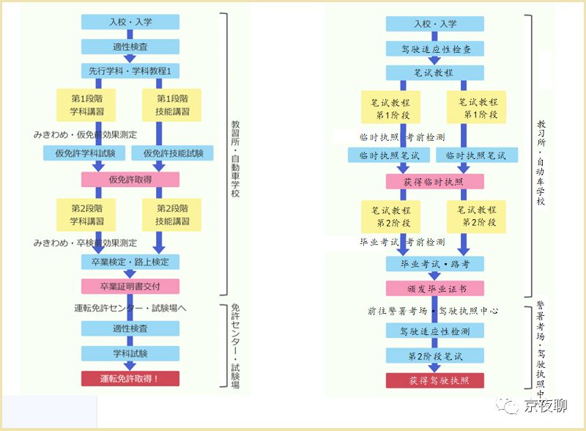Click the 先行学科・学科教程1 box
click(x=130, y=71)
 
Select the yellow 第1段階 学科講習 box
click(x=87, y=105)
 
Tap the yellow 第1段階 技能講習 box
click(x=173, y=105)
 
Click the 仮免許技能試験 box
click(x=173, y=154)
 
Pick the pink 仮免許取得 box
click(x=130, y=180)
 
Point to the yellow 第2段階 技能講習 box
click(x=173, y=214)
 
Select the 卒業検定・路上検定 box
click(x=130, y=261)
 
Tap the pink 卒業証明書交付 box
click(x=130, y=286)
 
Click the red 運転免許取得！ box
click(x=130, y=378)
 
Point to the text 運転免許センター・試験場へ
click(x=130, y=308)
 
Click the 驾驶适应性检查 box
click(x=434, y=48)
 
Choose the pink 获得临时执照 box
click(x=434, y=181)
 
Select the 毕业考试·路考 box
click(x=434, y=262)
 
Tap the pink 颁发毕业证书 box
click(x=434, y=288)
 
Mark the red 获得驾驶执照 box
click(x=434, y=380)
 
